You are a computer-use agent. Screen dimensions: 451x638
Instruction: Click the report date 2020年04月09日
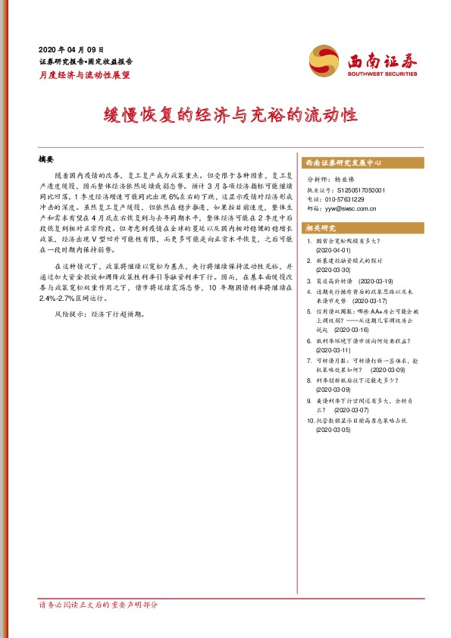70,48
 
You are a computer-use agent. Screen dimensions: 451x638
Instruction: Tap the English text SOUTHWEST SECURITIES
382,73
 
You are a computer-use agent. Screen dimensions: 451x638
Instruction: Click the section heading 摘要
47,160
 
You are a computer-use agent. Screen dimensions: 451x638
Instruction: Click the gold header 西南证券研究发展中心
343,163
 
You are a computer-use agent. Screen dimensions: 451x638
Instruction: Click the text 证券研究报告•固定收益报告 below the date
86,61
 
